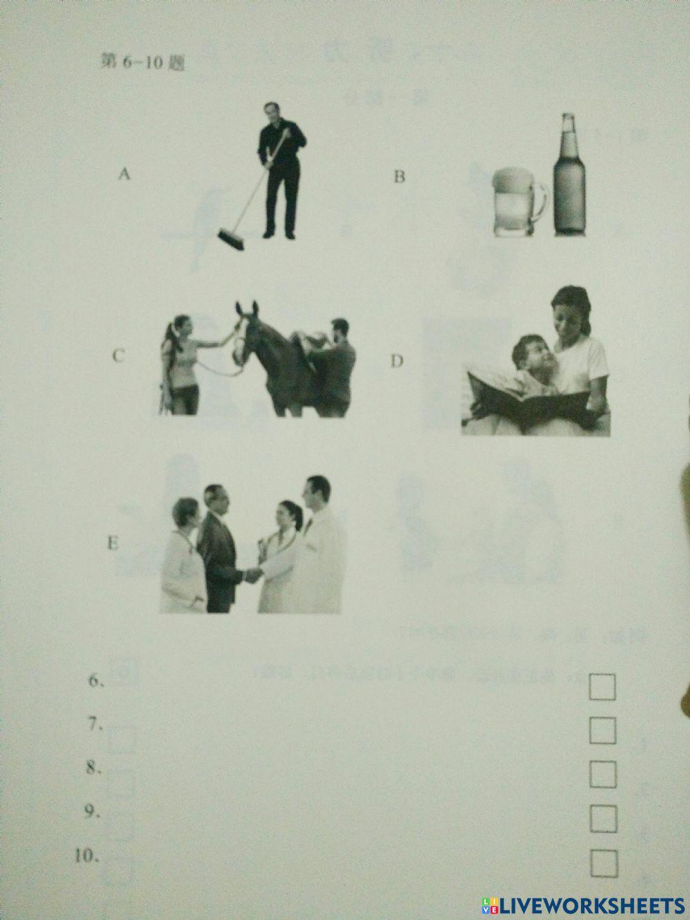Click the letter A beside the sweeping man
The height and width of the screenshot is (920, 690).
point(124,175)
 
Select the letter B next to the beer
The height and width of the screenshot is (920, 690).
point(399,177)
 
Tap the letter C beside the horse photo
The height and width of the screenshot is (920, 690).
point(119,356)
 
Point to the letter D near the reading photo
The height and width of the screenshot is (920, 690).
point(396,361)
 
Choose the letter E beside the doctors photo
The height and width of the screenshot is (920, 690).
point(112,543)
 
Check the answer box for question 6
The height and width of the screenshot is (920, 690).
point(603,687)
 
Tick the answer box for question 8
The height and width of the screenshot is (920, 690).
point(603,775)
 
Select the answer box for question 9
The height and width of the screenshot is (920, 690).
point(603,819)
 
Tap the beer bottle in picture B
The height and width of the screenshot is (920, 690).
point(569,179)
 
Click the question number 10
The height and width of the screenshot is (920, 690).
point(86,857)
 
